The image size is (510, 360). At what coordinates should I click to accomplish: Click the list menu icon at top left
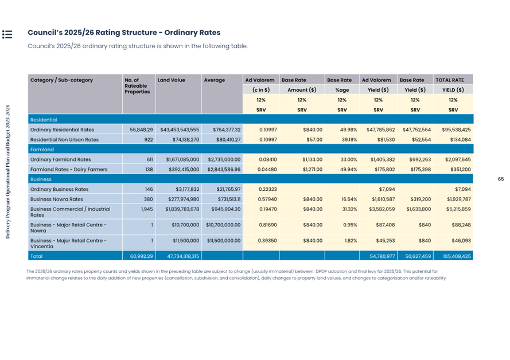coord(7,34)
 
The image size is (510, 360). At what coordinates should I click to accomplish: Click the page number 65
coord(500,179)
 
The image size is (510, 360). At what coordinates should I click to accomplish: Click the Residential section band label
coord(44,120)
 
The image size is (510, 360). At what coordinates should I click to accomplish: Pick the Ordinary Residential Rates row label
coord(62,130)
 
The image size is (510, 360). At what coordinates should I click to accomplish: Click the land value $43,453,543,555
coord(180,130)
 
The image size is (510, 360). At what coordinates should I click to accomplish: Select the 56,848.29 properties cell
coord(142,130)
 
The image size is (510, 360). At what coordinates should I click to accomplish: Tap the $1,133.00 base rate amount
coord(310,159)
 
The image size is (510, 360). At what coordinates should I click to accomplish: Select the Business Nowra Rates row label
coord(57,199)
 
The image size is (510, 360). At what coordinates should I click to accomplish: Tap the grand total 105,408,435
coord(453,256)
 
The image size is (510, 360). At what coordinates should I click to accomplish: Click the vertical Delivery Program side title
coord(7,172)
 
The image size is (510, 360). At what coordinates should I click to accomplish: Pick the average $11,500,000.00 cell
coord(223,241)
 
